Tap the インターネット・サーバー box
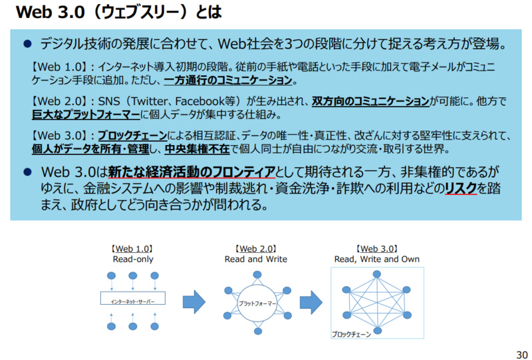[x=133, y=301]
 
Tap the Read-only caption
[x=132, y=260]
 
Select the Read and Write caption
[x=255, y=260]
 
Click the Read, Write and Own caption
[x=376, y=260]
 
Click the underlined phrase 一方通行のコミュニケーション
[x=228, y=81]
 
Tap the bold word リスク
[x=461, y=188]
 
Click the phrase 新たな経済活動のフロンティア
[x=191, y=172]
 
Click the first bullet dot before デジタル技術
[x=27, y=45]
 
